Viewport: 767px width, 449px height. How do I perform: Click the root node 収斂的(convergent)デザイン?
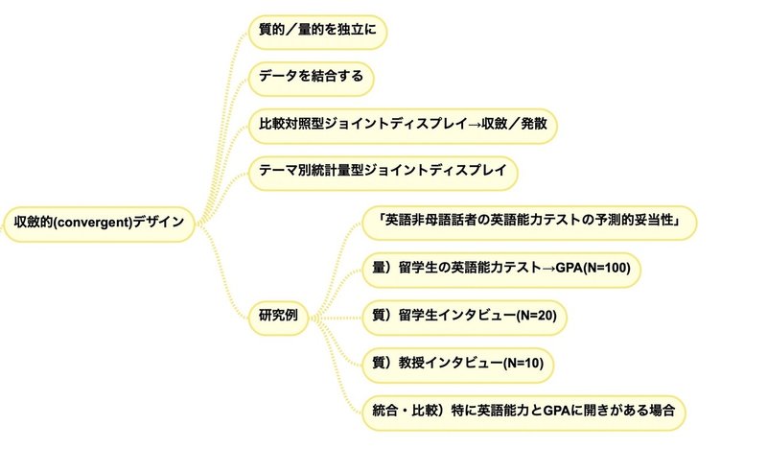click(x=99, y=224)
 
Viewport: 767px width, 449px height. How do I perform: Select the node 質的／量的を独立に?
click(x=317, y=32)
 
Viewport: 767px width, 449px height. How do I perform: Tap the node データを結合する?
click(x=311, y=79)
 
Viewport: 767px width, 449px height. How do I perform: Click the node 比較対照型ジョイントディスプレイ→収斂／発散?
click(x=403, y=126)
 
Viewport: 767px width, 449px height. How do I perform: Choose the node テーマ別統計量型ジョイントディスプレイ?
click(x=383, y=173)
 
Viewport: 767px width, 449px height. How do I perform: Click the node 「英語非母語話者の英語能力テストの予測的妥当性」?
click(x=529, y=223)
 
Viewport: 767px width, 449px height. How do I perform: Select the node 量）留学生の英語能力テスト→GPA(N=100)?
click(x=501, y=270)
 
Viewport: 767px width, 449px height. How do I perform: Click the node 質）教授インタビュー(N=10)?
click(x=458, y=365)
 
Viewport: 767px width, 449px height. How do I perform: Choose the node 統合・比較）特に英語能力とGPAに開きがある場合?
click(x=523, y=413)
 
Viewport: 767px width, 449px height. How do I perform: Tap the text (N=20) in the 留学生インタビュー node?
click(x=537, y=316)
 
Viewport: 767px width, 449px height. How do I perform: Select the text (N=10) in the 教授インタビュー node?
click(x=523, y=363)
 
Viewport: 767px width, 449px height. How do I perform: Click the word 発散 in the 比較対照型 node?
click(x=534, y=124)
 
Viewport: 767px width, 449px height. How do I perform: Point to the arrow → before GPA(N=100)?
click(x=548, y=269)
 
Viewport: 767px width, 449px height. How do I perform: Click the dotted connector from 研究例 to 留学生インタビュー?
click(x=337, y=318)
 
